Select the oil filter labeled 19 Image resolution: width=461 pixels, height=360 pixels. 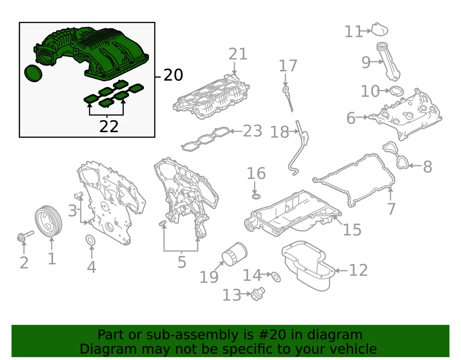click(234, 254)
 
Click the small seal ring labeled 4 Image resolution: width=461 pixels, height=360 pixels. click(90, 240)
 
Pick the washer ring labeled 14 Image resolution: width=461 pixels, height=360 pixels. click(276, 276)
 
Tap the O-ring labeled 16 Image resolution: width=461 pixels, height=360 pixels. click(256, 196)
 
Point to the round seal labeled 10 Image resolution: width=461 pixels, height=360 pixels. click(397, 91)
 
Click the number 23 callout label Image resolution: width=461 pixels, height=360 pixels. click(253, 131)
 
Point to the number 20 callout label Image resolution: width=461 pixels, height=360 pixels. click(173, 75)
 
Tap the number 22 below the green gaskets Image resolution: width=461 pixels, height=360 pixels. click(109, 126)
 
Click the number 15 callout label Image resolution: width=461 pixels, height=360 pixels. click(352, 230)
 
